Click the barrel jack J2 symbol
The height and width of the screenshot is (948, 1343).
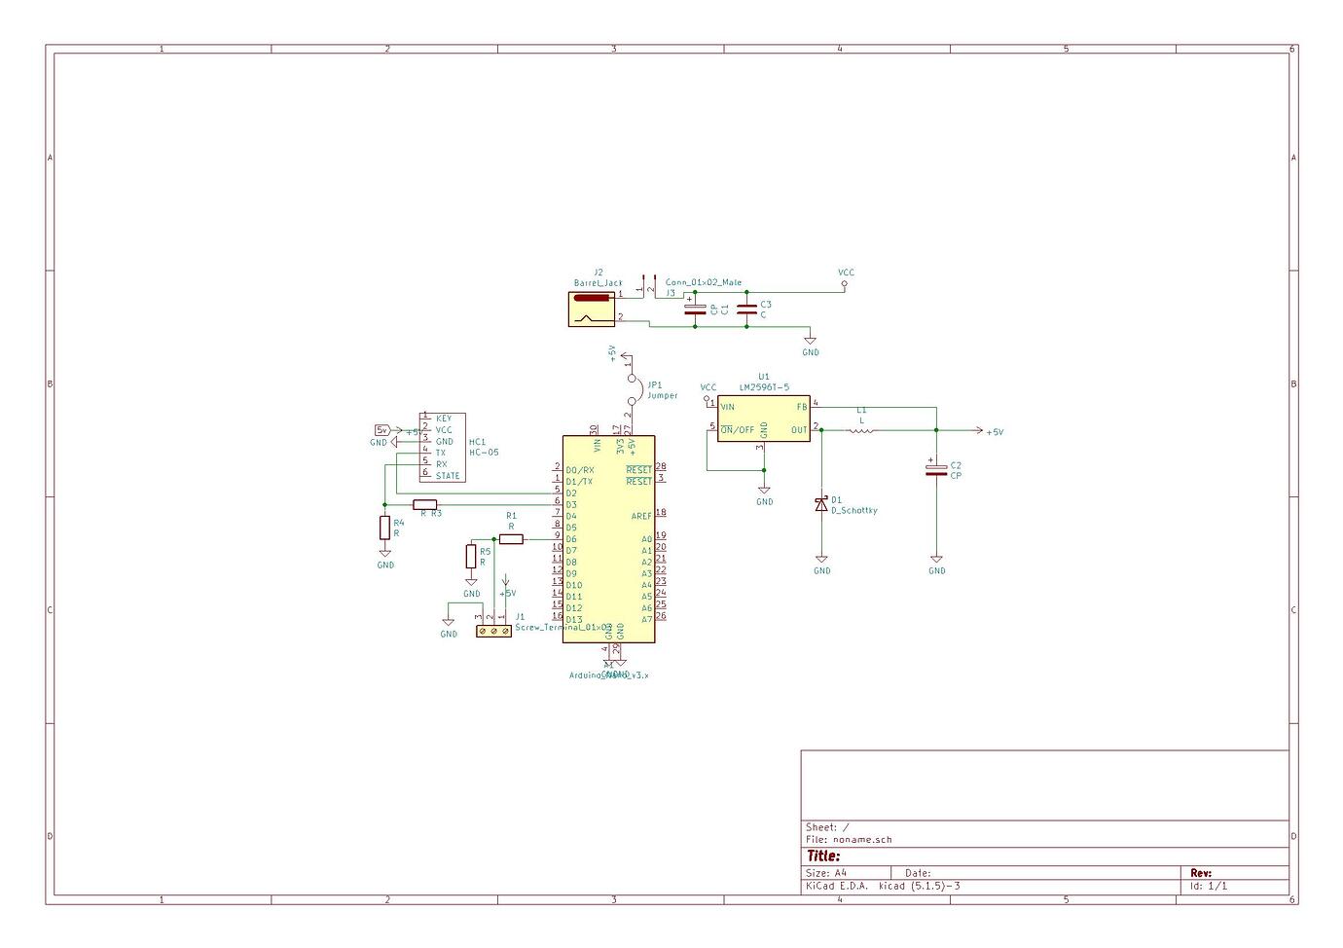click(593, 309)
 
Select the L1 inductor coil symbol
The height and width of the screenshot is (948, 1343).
click(861, 429)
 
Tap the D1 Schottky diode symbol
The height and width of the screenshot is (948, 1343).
click(821, 504)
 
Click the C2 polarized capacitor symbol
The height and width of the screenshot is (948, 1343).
click(936, 470)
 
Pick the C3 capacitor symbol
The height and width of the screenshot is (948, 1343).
click(746, 310)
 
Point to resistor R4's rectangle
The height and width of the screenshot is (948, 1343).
click(385, 528)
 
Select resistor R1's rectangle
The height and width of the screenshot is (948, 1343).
click(511, 539)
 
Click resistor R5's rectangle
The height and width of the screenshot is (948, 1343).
click(471, 557)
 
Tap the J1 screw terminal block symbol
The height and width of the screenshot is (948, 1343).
click(493, 631)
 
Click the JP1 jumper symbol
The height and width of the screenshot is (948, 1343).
click(631, 389)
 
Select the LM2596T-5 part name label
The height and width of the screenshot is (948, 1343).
click(764, 387)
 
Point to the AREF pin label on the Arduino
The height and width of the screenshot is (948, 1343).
click(641, 516)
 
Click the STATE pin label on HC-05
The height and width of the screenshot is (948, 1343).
click(448, 476)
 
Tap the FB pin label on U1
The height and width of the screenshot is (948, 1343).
click(802, 407)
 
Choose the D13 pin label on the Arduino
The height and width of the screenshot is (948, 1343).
click(574, 620)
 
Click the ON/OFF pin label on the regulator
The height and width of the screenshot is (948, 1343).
click(737, 429)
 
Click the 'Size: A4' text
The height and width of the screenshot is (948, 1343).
click(827, 873)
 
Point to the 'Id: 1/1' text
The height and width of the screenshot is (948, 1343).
click(1208, 886)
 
